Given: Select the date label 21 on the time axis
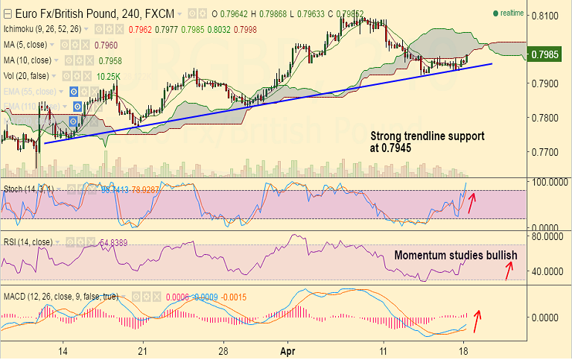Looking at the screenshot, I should point(142,349).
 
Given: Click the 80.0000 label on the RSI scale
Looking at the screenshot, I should point(547,237).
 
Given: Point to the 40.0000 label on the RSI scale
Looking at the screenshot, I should point(547,271).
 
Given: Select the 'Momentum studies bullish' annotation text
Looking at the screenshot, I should point(455,255).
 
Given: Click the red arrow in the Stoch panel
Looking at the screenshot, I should point(471,202).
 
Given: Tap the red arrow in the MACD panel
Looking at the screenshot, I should point(477,322).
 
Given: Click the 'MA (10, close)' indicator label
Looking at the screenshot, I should point(28,60).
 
